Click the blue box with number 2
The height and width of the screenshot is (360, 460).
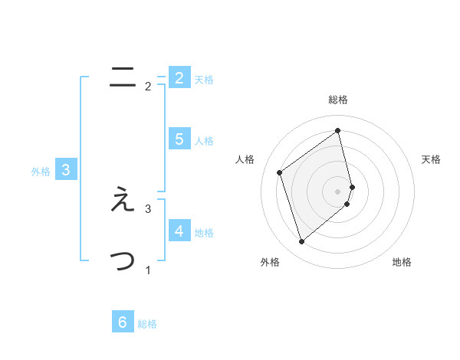pos(179,78)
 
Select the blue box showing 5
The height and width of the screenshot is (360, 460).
pos(179,139)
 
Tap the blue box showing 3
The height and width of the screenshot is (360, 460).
pos(66,171)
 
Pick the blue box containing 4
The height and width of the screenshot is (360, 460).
pos(179,231)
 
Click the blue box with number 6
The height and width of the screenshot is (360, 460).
pos(122,322)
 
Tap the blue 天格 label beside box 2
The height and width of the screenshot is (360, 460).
pos(203,80)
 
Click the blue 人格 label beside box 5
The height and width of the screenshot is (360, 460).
pos(203,141)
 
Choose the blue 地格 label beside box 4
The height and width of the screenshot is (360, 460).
pos(203,233)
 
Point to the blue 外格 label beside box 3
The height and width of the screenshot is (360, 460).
pos(41,172)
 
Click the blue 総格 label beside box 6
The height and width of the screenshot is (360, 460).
pos(147,324)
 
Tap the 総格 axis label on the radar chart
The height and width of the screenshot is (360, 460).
pos(338,100)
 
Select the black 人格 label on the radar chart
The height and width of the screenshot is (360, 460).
pos(245,159)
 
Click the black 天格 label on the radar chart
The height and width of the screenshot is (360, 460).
pos(431,159)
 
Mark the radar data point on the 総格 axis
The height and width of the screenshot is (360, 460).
pos(338,130)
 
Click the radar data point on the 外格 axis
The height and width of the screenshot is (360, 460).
pos(301,242)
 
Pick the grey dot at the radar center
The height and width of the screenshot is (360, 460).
pos(338,191)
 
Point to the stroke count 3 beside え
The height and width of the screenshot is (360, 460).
pos(148,208)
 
